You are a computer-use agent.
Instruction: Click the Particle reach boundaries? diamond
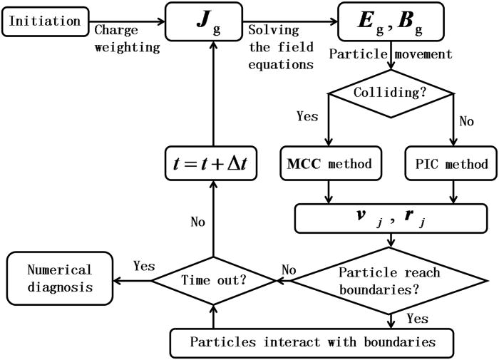(390, 281)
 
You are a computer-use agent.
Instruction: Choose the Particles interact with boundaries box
(312, 341)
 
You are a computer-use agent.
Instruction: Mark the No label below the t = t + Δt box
(197, 222)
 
